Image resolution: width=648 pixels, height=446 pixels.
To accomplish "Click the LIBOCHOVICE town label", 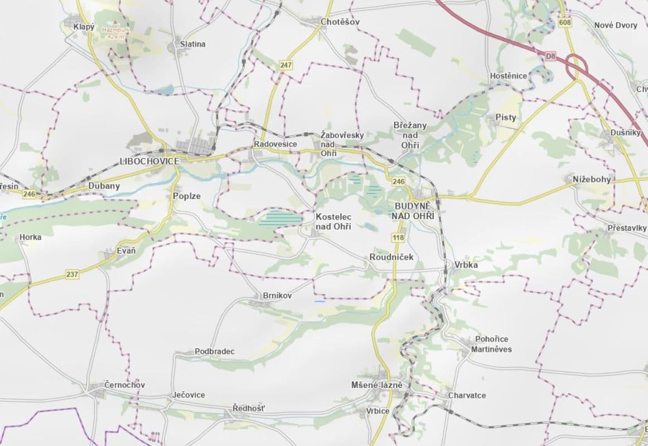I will [149, 161].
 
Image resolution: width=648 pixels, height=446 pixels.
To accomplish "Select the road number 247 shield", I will [286, 65].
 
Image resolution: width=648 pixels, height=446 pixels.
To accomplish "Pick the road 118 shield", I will [398, 238].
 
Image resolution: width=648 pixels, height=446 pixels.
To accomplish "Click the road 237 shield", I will [71, 274].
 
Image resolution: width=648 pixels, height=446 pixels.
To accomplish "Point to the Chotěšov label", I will [340, 22].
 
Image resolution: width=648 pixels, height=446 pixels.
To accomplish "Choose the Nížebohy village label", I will [592, 179].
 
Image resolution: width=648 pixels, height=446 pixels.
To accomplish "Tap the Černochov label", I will [124, 385].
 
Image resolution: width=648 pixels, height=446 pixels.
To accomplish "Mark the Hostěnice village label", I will [507, 76].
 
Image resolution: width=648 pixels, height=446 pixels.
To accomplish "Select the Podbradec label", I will [214, 352].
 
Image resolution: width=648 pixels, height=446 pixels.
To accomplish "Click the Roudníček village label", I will [391, 257].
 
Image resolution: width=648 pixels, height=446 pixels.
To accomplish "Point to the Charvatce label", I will [467, 395].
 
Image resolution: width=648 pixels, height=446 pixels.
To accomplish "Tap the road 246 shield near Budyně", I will [398, 182].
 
